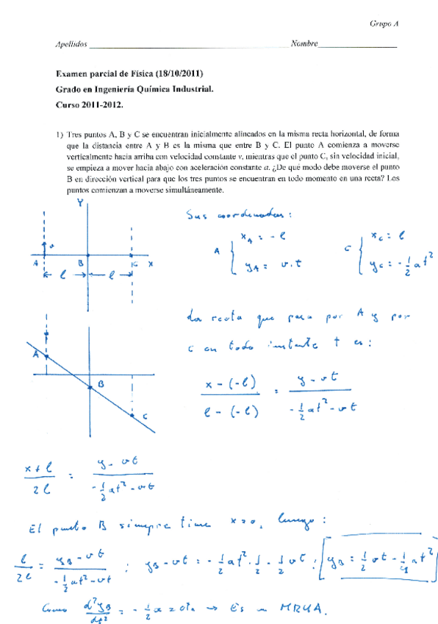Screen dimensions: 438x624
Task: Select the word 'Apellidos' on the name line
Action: tap(71, 44)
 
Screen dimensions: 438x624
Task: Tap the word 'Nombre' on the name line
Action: tap(304, 44)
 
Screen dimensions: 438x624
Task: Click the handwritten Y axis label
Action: tap(79, 204)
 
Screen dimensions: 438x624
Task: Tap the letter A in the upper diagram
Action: tap(35, 263)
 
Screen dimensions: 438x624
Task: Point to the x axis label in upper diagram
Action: tap(150, 263)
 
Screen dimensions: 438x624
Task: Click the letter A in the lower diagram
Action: tap(35, 354)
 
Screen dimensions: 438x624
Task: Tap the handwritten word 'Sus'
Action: tap(198, 216)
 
